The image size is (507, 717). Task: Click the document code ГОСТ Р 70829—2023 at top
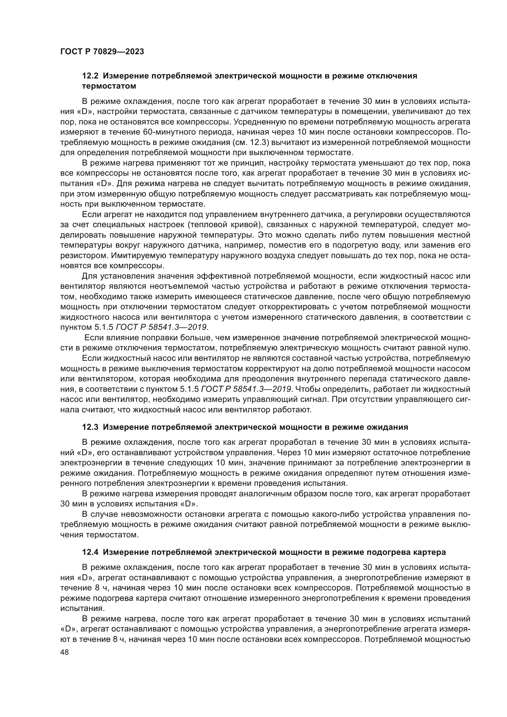pos(102,52)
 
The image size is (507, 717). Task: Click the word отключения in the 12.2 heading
pos(392,76)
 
